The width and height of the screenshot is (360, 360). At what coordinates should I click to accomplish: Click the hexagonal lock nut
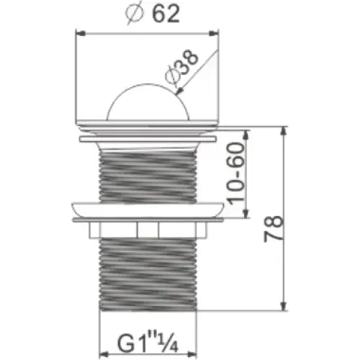(147, 230)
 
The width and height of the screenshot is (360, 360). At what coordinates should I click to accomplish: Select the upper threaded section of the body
(147, 173)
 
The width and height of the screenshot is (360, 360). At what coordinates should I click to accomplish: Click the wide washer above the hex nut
(147, 210)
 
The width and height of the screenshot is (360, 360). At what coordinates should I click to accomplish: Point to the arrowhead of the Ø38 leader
(177, 91)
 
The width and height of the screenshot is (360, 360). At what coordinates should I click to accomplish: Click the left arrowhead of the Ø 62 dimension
(80, 32)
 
